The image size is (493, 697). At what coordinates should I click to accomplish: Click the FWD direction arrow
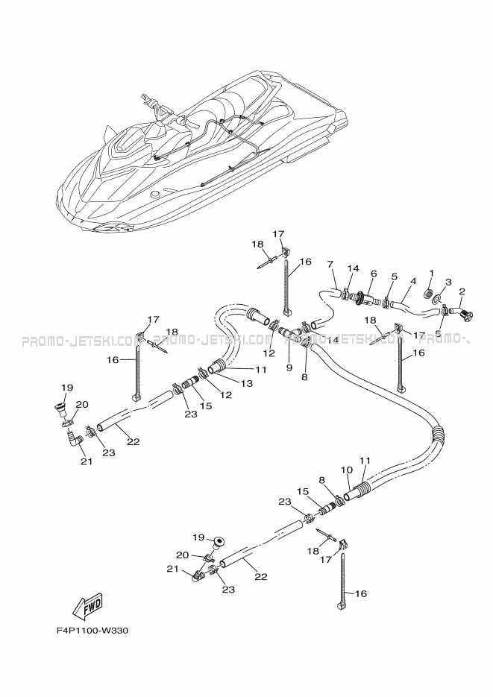(x=88, y=606)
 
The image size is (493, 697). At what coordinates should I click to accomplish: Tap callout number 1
(x=431, y=273)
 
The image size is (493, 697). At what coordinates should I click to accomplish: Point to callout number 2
(x=462, y=291)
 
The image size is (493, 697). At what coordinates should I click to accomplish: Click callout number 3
(x=448, y=282)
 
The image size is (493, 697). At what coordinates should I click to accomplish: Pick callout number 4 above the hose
(x=413, y=281)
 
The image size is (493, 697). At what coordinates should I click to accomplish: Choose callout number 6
(x=374, y=274)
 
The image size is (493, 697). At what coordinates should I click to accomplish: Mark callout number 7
(x=330, y=265)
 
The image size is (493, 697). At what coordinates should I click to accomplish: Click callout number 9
(x=289, y=368)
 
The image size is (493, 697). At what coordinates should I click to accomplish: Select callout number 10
(x=347, y=470)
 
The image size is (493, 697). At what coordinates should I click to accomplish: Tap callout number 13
(x=246, y=383)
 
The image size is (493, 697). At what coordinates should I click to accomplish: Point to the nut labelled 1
(x=429, y=292)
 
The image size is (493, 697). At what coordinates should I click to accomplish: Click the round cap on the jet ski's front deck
(x=156, y=194)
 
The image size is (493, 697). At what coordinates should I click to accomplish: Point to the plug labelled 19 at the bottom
(x=218, y=542)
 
